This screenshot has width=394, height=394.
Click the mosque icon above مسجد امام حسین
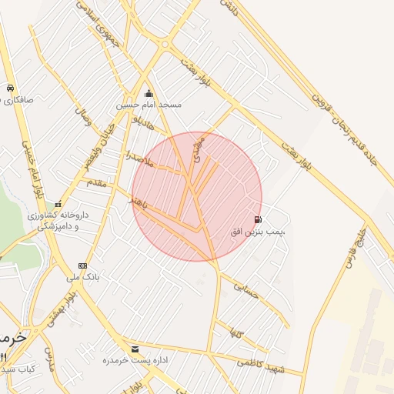pyautogui.click(x=149, y=93)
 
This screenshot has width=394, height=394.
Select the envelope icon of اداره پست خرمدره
pyautogui.click(x=135, y=349)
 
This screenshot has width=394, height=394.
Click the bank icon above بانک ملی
pyautogui.click(x=82, y=265)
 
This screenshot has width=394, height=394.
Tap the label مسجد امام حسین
pyautogui.click(x=149, y=104)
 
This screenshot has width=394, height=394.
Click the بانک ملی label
pyautogui.click(x=83, y=276)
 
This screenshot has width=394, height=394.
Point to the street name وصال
pyautogui.click(x=81, y=119)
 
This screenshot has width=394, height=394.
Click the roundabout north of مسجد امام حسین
pyautogui.click(x=165, y=44)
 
